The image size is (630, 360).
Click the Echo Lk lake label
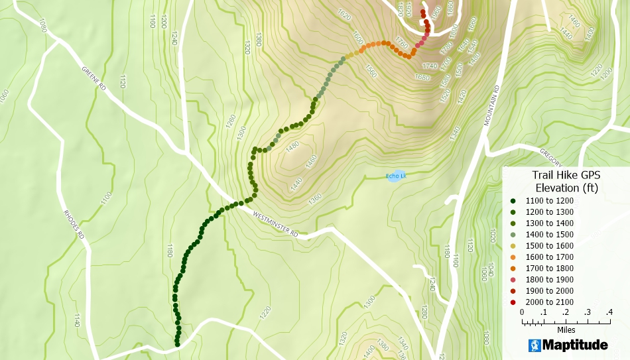click(396, 176)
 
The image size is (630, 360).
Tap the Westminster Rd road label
click(275, 223)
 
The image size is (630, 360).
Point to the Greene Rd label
click(94, 78)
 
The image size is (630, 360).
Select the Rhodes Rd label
click(73, 224)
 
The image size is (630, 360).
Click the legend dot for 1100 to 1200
click(513, 200)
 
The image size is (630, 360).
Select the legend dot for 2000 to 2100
click(513, 302)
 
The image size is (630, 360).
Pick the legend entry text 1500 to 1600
click(550, 246)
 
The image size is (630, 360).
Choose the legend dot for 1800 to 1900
click(513, 280)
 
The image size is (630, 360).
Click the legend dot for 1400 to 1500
click(513, 234)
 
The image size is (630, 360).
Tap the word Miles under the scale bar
click(566, 330)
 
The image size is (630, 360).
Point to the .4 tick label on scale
click(609, 312)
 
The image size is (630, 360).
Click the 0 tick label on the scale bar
click(522, 312)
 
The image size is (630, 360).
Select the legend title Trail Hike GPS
click(566, 175)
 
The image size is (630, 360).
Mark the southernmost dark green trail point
click(178, 344)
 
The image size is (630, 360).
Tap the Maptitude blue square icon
click(535, 345)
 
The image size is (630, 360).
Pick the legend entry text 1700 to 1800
click(550, 269)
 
